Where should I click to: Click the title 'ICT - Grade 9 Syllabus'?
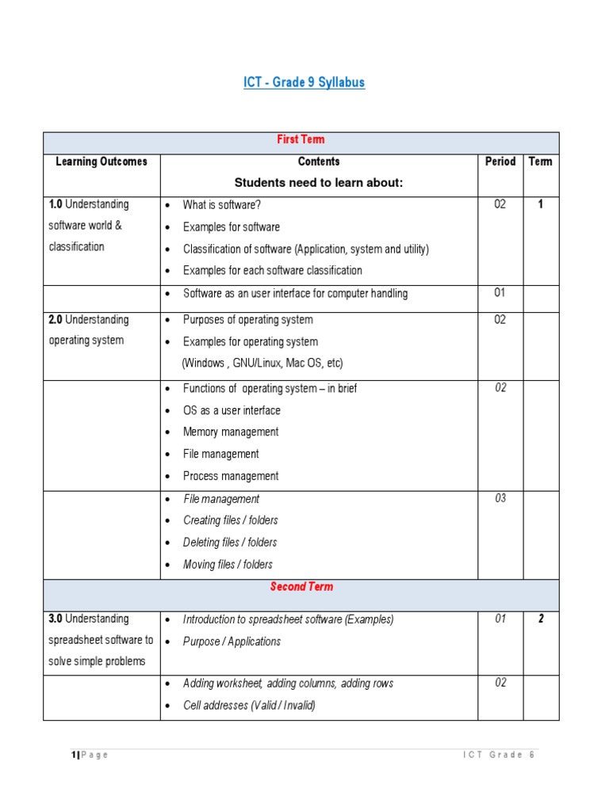304,82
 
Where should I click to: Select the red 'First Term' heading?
301,139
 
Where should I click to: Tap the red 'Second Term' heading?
301,587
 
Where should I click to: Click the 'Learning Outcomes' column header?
101,162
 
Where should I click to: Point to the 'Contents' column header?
319,162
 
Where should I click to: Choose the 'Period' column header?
500,162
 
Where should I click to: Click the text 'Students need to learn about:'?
319,183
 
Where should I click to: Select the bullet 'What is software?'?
222,204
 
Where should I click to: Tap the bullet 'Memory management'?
231,432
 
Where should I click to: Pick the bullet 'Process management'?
231,476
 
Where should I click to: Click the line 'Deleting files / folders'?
230,543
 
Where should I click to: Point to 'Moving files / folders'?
228,565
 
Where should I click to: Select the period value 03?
500,498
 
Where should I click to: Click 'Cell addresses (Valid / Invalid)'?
249,706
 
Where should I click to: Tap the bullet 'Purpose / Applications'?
232,642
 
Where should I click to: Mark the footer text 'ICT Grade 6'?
499,755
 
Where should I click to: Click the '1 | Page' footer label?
90,755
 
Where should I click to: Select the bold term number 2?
541,619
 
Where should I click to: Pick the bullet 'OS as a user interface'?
232,410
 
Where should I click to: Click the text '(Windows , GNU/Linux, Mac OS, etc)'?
262,364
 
